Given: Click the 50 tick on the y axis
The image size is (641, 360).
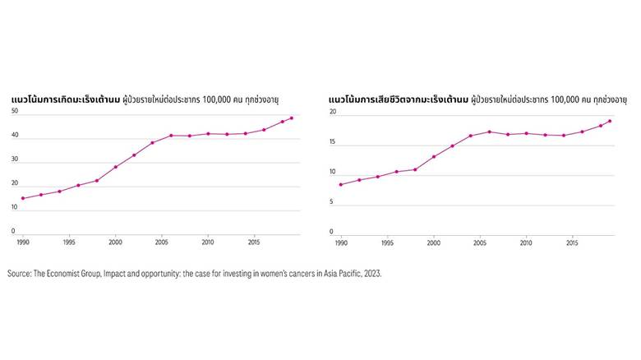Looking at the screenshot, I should point(15,112).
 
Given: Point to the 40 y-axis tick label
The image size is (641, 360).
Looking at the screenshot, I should point(15,136).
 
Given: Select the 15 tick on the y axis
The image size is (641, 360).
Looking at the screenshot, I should point(331,142).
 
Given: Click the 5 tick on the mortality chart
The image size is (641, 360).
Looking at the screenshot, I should point(331,202).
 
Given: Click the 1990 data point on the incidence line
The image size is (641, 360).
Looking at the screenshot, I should point(22,198).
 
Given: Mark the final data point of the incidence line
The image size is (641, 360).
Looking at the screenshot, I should point(292,118).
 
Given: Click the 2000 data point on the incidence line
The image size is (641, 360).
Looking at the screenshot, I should point(115,167).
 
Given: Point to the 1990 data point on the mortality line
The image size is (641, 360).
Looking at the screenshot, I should point(340,184).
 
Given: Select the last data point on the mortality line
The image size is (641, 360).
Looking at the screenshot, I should point(610,121).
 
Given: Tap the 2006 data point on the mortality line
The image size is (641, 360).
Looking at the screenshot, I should point(489,132).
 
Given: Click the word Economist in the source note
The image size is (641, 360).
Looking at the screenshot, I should point(72,274).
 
